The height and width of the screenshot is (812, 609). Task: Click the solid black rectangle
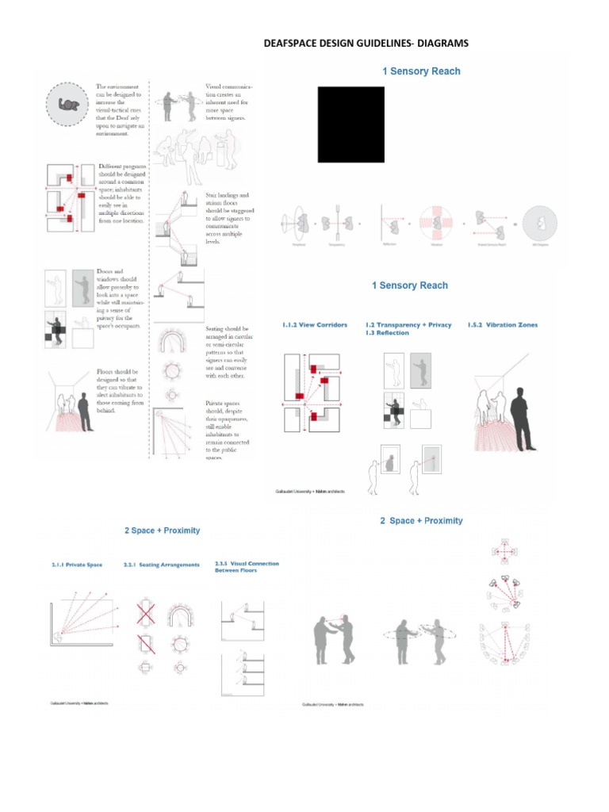(x=351, y=124)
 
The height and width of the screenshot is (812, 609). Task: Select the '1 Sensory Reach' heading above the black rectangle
(x=421, y=71)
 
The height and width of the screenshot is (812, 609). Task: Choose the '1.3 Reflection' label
(x=387, y=333)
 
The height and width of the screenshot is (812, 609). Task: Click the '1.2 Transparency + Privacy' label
(x=408, y=324)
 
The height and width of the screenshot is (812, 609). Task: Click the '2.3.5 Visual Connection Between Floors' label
(x=247, y=566)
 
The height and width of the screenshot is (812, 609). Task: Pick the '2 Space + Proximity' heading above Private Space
(x=162, y=530)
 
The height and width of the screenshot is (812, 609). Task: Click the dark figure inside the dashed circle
(x=71, y=105)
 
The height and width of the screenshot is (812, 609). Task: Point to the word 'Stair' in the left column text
(x=213, y=195)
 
